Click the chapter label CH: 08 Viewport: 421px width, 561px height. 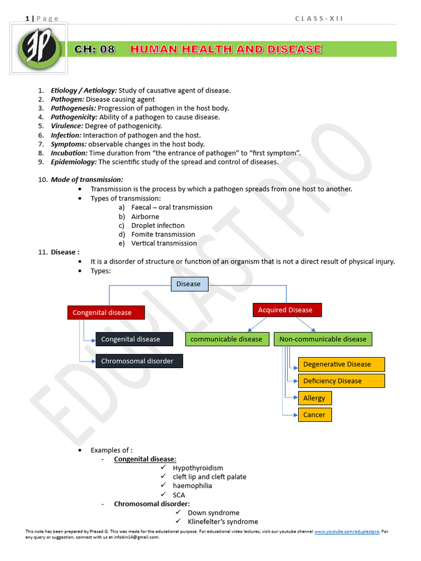(94, 49)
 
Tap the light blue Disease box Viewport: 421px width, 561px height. (189, 284)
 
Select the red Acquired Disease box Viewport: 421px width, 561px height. (287, 310)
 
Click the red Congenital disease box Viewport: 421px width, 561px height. (106, 312)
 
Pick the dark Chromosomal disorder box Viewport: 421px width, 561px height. (139, 361)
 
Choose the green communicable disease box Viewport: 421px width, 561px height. (227, 339)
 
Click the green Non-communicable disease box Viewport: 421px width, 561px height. (323, 339)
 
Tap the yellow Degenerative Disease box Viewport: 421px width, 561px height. (341, 364)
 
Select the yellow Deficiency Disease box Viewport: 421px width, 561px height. (341, 381)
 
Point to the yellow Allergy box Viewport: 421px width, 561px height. (315, 398)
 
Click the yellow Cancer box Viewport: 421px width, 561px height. (315, 415)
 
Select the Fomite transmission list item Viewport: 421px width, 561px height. (163, 234)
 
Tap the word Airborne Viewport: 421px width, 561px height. (145, 216)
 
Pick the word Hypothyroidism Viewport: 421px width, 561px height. (198, 468)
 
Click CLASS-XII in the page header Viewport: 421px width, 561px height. (319, 19)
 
